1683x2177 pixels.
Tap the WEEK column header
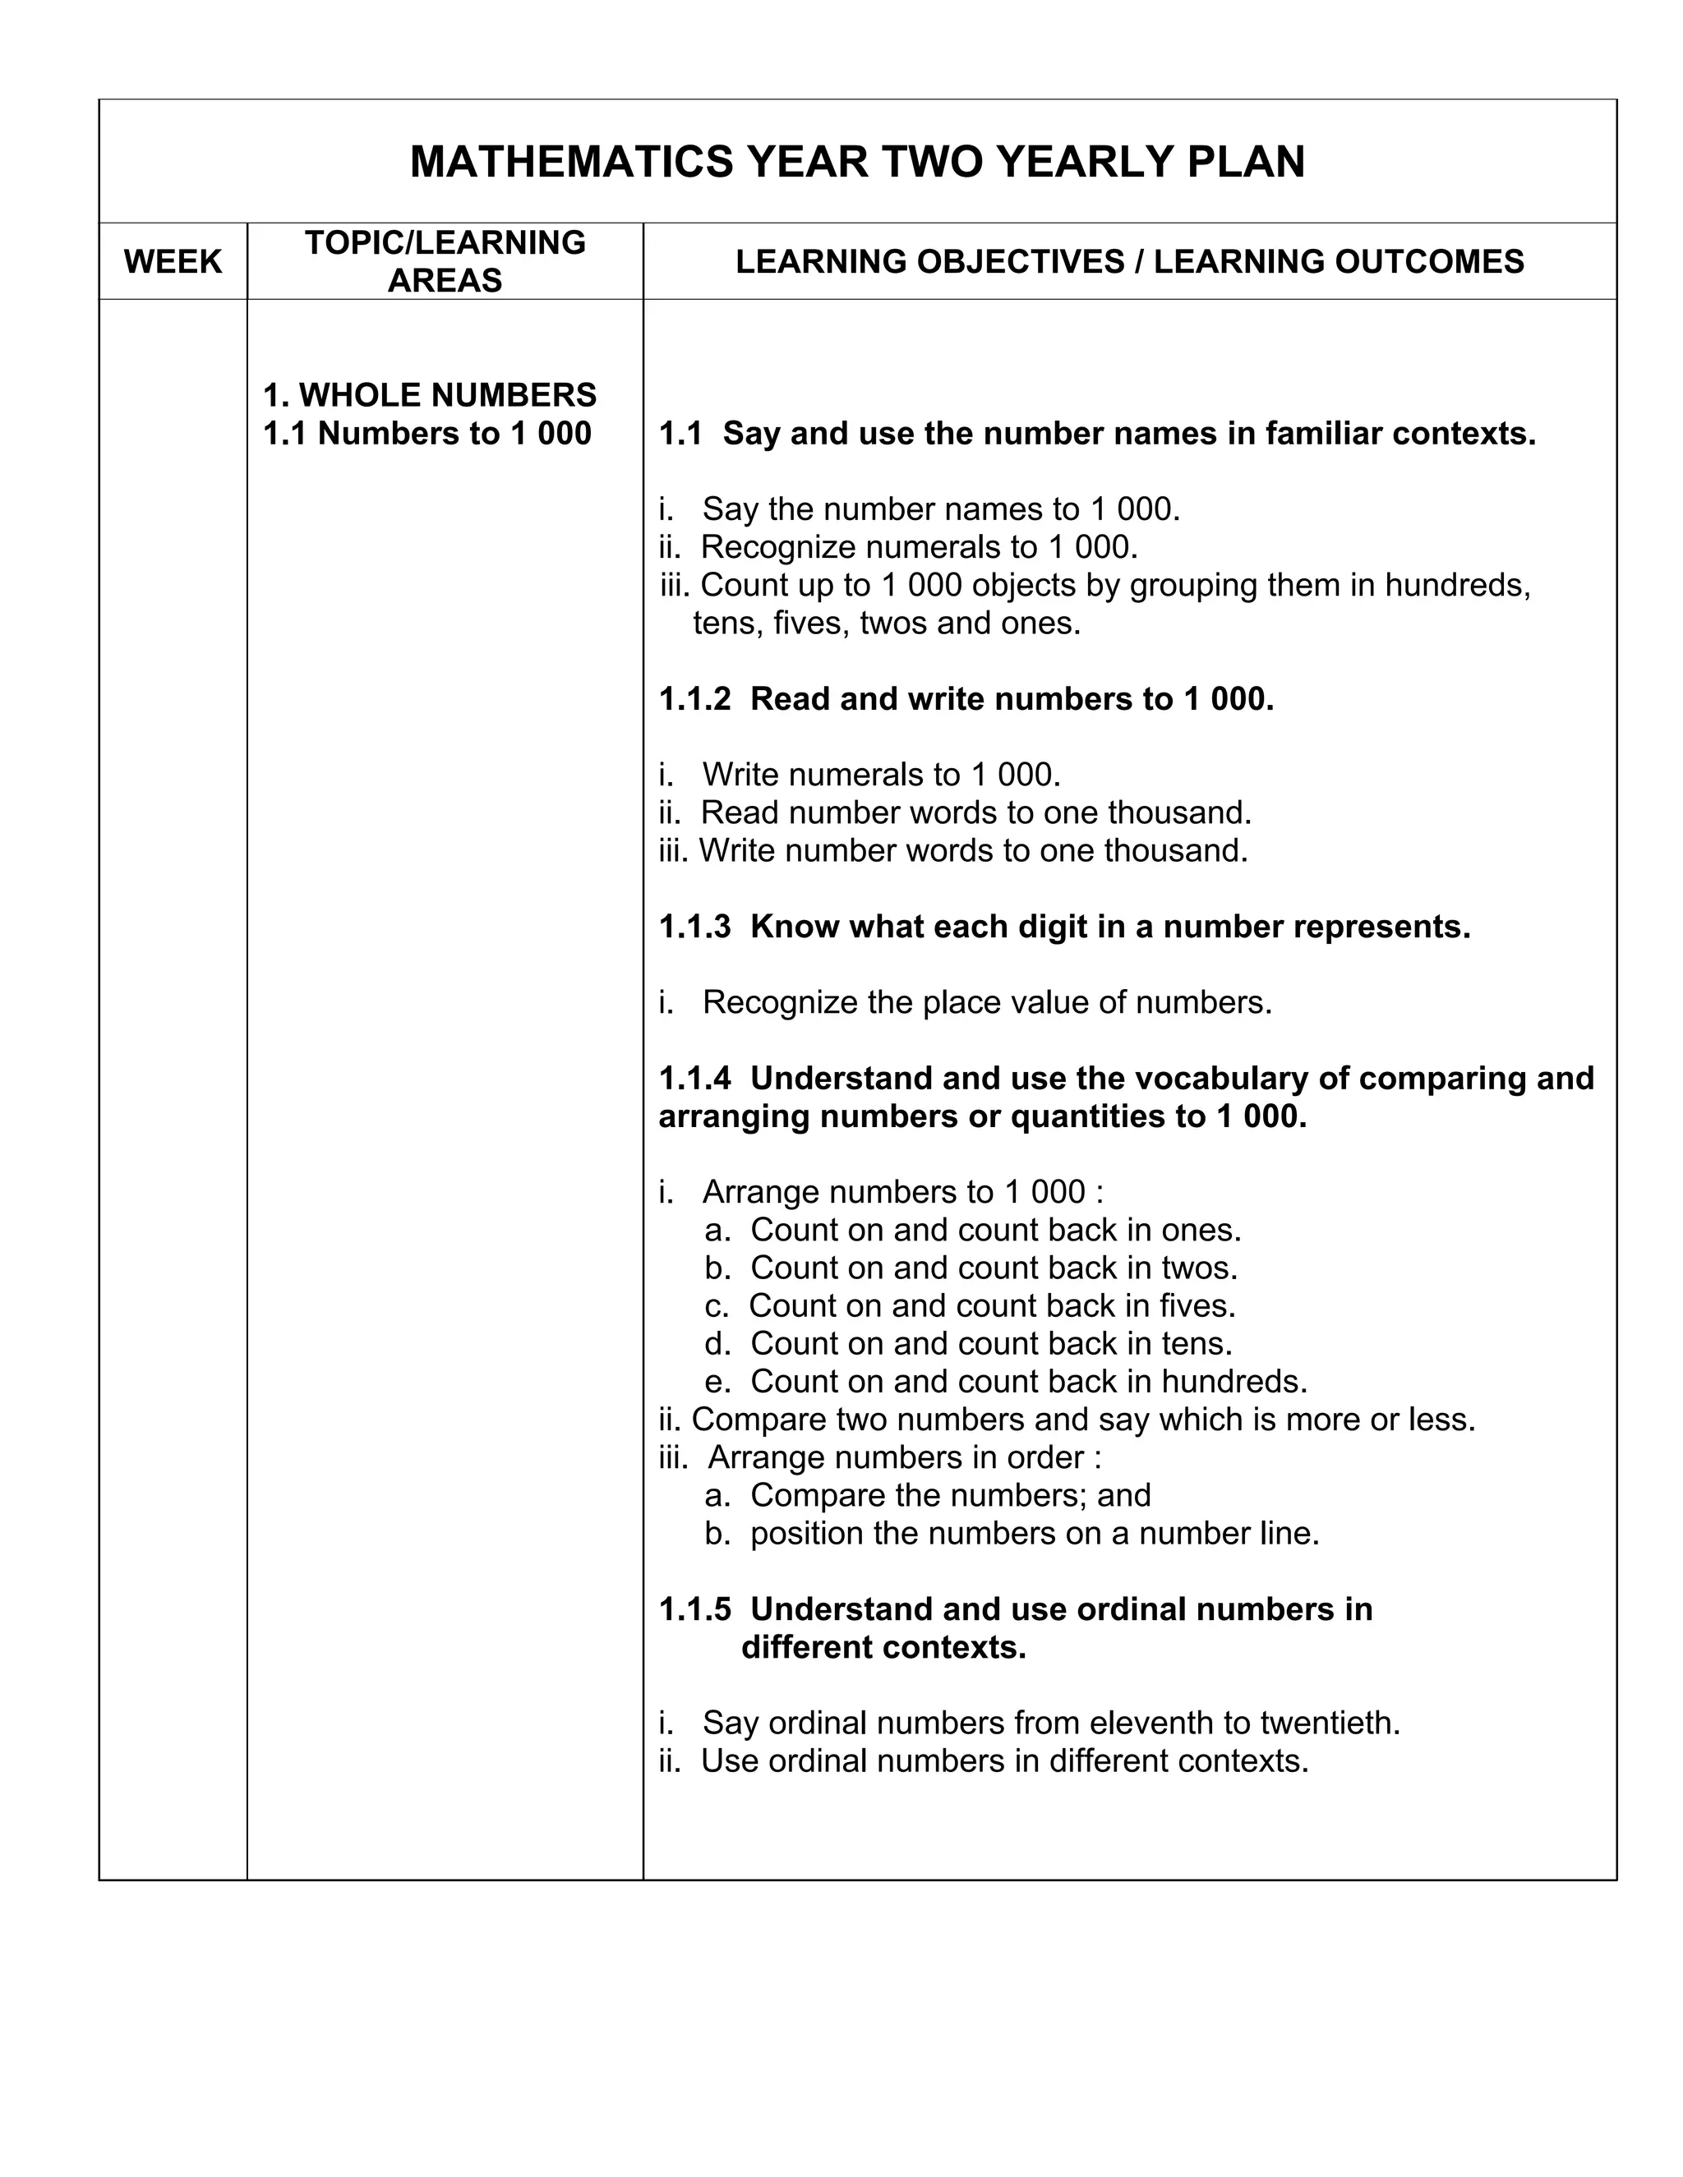click(x=173, y=261)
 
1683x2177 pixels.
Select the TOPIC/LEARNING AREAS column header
click(x=445, y=261)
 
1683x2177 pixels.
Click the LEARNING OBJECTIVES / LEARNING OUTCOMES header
click(x=1130, y=261)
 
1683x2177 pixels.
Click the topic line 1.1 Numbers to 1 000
click(x=427, y=434)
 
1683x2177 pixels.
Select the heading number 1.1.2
click(x=695, y=699)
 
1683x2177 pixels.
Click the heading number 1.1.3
click(x=695, y=926)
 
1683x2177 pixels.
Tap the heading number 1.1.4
click(x=695, y=1078)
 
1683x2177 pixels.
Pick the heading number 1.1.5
click(x=695, y=1609)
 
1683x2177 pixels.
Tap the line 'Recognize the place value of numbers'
click(x=986, y=1001)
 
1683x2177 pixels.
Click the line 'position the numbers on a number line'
click(x=1034, y=1533)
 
